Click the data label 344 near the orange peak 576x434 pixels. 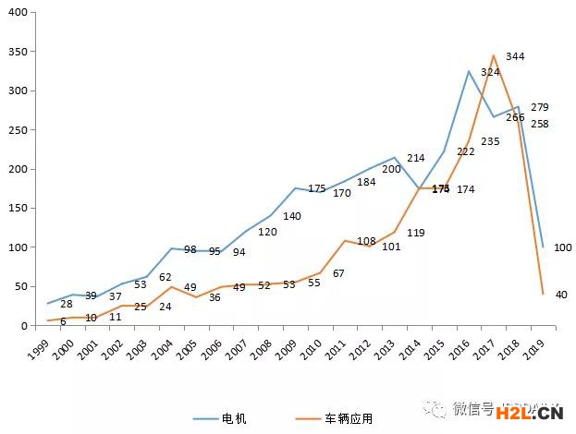coord(515,56)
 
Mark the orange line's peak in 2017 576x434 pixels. coord(493,55)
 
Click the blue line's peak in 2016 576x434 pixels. coord(469,71)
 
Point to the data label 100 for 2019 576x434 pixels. coord(562,247)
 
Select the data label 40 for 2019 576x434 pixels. coord(560,295)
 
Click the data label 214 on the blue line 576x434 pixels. coord(415,158)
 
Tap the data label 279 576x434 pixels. coord(539,107)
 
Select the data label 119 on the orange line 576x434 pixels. coord(415,233)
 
